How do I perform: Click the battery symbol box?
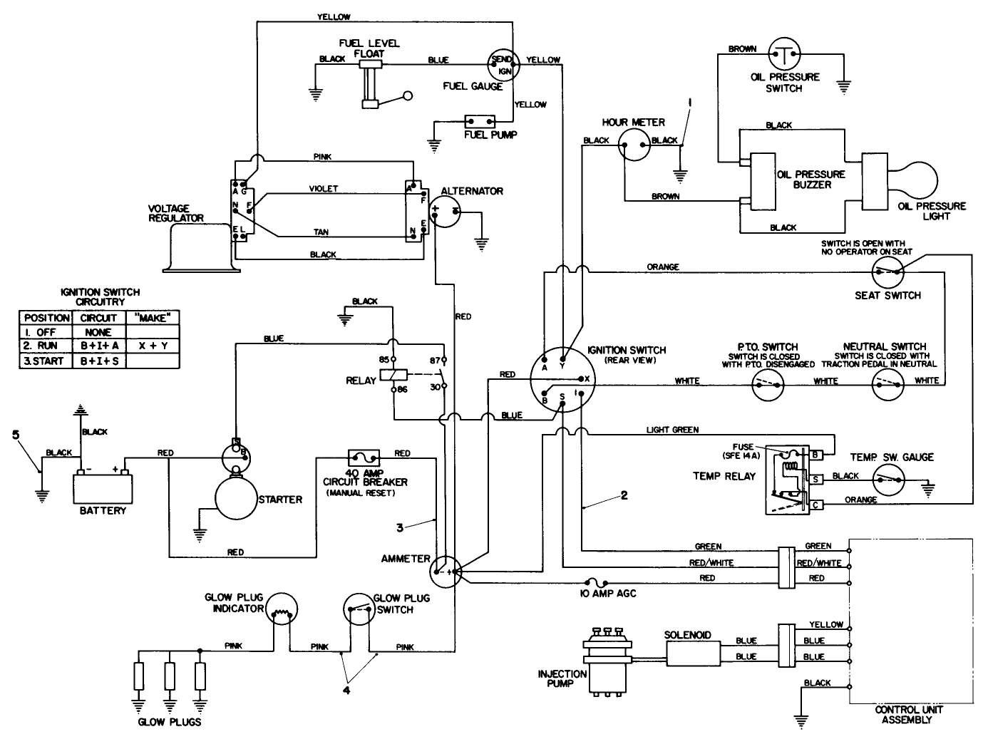tap(103, 489)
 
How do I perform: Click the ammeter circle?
tap(446, 572)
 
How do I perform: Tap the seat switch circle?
tap(887, 272)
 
